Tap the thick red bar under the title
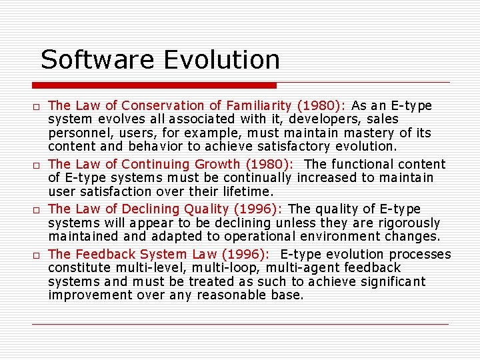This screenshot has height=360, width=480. tap(154, 85)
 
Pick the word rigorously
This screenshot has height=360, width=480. tap(407, 223)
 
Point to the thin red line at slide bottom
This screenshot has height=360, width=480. tap(240, 324)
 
